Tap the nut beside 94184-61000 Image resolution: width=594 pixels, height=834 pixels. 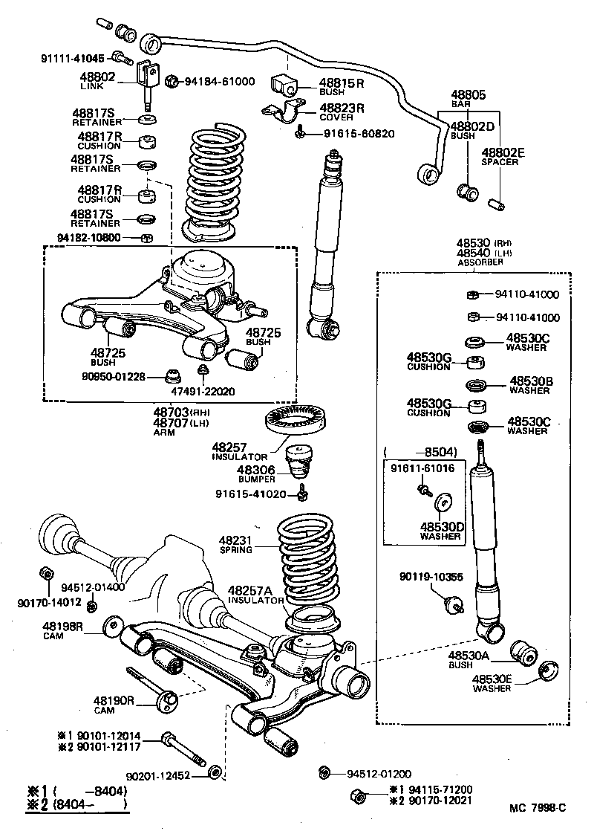170,81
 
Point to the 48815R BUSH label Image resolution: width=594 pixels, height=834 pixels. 341,87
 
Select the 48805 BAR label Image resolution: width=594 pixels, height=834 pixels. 468,100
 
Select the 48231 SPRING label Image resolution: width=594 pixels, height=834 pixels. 236,545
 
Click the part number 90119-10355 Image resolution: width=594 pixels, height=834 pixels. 430,577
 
